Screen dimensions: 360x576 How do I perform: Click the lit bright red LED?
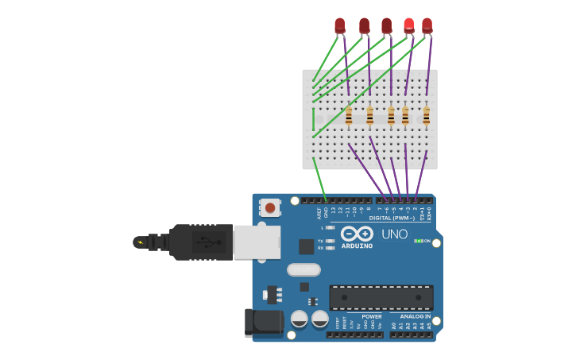point(408,25)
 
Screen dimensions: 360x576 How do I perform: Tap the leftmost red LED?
point(340,25)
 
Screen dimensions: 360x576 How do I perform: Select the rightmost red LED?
point(427,25)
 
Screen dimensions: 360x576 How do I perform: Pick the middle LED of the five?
point(386,25)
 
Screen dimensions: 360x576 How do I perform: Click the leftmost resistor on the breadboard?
point(349,116)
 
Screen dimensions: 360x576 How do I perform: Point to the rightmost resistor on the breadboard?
point(427,116)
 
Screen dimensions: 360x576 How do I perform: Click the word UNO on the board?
point(394,234)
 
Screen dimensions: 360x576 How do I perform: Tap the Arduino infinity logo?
point(357,234)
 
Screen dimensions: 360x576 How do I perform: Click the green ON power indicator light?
point(418,241)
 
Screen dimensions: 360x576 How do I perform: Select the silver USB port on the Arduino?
point(257,242)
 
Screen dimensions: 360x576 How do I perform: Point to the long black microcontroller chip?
point(381,298)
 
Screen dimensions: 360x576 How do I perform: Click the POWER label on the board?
point(372,316)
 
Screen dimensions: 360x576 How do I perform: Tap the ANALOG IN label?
point(416,316)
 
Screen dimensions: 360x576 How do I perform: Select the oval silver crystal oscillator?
point(303,269)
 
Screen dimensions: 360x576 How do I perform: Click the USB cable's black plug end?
point(199,242)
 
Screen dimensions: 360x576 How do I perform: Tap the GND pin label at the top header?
point(326,211)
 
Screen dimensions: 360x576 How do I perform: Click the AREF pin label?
point(319,212)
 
